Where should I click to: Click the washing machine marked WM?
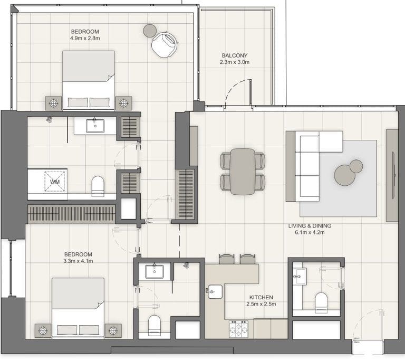(x=55, y=181)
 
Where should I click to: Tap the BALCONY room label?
(x=234, y=55)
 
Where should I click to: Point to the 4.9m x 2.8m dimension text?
(x=85, y=39)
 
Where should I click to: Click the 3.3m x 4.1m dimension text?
(x=78, y=261)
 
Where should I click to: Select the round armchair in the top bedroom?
(x=164, y=44)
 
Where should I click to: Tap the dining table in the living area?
(x=243, y=171)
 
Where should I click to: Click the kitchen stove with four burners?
(x=238, y=329)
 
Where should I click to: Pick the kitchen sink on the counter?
(x=215, y=291)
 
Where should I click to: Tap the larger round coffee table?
(x=345, y=175)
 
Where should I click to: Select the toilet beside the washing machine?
(x=99, y=186)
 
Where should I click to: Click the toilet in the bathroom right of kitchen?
(x=321, y=302)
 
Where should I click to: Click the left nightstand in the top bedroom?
(x=53, y=102)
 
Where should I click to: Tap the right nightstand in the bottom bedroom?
(x=113, y=330)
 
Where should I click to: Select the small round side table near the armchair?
(x=150, y=31)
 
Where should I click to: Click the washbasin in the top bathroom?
(x=95, y=126)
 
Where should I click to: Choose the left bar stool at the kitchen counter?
(x=226, y=259)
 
